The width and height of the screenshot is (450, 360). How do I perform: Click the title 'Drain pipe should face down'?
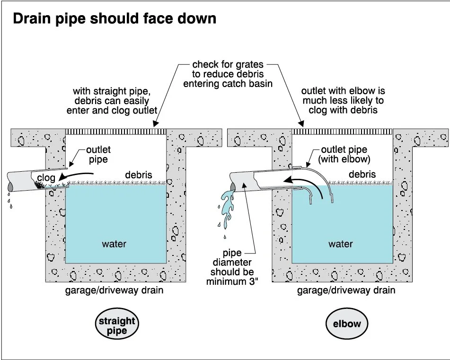tap(114, 18)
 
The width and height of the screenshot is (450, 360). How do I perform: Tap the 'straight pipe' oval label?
tap(116, 325)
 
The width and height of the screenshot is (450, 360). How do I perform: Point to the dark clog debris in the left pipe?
tap(42, 185)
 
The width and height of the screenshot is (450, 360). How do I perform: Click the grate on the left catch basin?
tap(115, 131)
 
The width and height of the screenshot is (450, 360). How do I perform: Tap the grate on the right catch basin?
tap(343, 131)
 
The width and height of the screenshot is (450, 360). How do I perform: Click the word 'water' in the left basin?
tap(114, 244)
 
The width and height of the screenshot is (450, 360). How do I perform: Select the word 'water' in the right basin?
tap(341, 244)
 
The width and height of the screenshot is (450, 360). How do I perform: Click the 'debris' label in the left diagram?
tap(138, 175)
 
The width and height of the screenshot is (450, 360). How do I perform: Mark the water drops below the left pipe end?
tap(10, 201)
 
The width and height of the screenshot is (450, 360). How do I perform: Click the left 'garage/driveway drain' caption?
tap(114, 290)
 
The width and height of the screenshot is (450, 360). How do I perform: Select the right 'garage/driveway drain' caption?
tap(346, 290)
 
